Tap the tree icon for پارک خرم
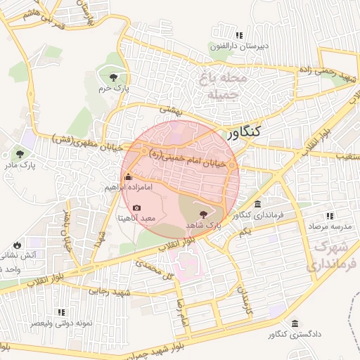[113, 77]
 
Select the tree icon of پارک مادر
[20, 154]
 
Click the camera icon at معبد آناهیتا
[136, 208]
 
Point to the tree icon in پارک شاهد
[205, 214]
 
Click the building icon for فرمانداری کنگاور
[257, 204]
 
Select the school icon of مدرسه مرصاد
[328, 216]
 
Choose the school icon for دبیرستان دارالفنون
[240, 35]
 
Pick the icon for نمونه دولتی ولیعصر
[61, 311]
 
